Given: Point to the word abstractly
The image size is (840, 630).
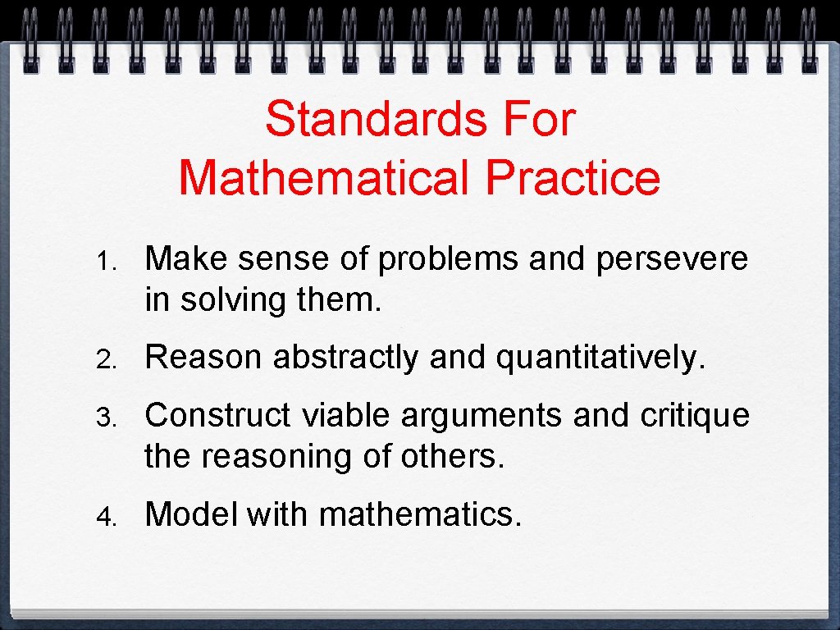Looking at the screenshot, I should (345, 358).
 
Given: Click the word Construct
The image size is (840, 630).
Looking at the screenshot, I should (218, 416).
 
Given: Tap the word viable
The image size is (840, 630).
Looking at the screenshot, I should (348, 416).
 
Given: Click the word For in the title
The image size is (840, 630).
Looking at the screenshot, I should (539, 120).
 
